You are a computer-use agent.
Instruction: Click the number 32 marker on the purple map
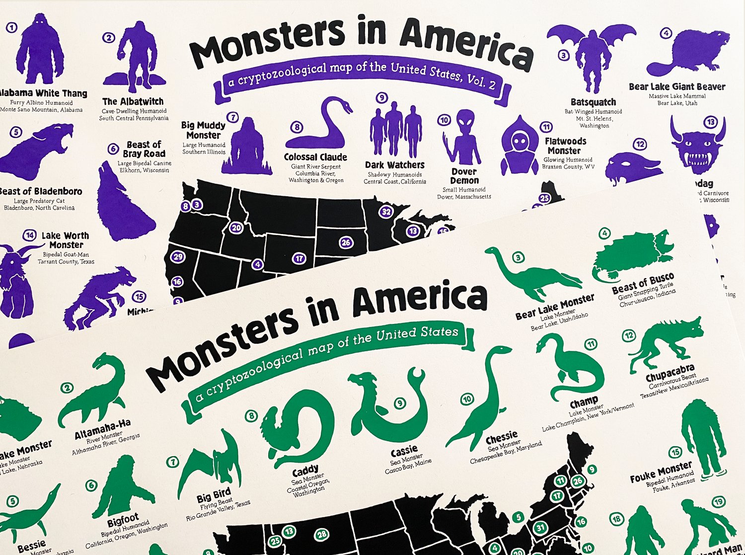[386, 212]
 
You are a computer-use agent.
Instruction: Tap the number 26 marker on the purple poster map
[346, 242]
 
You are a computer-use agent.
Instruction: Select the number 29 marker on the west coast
[177, 257]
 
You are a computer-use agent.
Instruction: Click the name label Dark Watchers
[395, 165]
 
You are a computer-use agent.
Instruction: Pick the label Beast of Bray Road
[144, 149]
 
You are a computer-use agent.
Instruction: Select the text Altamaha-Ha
[103, 429]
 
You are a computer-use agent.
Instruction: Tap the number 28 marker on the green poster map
[322, 534]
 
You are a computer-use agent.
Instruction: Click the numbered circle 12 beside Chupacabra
[629, 335]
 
